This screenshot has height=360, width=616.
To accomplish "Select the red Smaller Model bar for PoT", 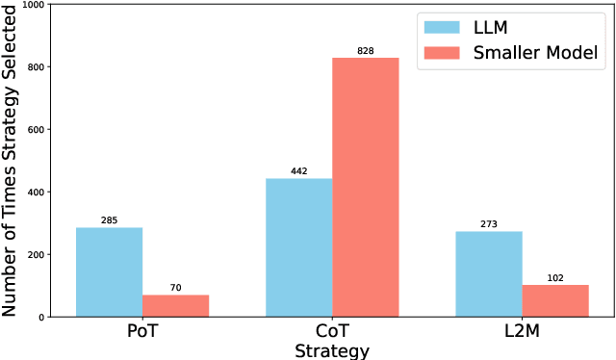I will click(x=175, y=305).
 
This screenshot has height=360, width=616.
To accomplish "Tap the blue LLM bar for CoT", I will click(x=298, y=247).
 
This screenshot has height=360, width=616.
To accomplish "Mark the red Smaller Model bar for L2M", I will click(x=554, y=300).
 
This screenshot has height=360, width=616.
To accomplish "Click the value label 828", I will click(x=365, y=50).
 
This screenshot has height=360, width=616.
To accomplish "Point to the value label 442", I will click(x=298, y=171).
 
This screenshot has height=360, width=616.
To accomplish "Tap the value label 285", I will click(x=109, y=220).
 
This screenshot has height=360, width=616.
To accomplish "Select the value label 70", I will click(x=175, y=288).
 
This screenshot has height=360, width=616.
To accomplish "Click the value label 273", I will click(x=488, y=224).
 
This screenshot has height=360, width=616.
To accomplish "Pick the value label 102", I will click(x=554, y=278).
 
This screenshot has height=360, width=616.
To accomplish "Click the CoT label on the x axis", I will click(x=332, y=332).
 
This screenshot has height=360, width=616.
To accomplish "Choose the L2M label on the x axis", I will click(x=522, y=332).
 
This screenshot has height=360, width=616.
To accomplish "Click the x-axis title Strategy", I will click(x=332, y=350).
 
